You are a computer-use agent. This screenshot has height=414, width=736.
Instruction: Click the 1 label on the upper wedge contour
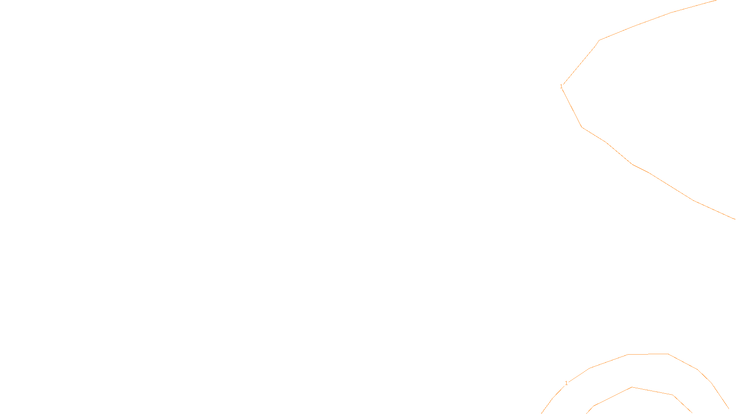[x=561, y=86]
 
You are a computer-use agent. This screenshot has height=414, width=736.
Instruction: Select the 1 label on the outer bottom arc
[x=566, y=383]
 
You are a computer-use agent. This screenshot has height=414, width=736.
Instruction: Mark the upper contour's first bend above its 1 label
[x=599, y=40]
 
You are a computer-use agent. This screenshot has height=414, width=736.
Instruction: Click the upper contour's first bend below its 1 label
[x=582, y=127]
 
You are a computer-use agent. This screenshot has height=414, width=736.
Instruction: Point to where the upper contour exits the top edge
[x=716, y=0]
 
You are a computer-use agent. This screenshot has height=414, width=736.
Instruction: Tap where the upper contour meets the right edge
[x=735, y=219]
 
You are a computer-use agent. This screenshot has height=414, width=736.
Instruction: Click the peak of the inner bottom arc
[x=632, y=387]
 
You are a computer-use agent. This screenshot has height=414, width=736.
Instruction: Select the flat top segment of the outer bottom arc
[x=648, y=354]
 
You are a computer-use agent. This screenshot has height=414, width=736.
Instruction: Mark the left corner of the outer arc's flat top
[x=628, y=355]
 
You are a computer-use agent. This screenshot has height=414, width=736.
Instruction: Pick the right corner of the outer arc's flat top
[x=668, y=354]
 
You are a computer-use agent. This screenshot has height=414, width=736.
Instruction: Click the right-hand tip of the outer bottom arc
[x=729, y=408]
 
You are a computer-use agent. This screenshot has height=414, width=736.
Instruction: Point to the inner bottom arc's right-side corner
[x=673, y=395]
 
